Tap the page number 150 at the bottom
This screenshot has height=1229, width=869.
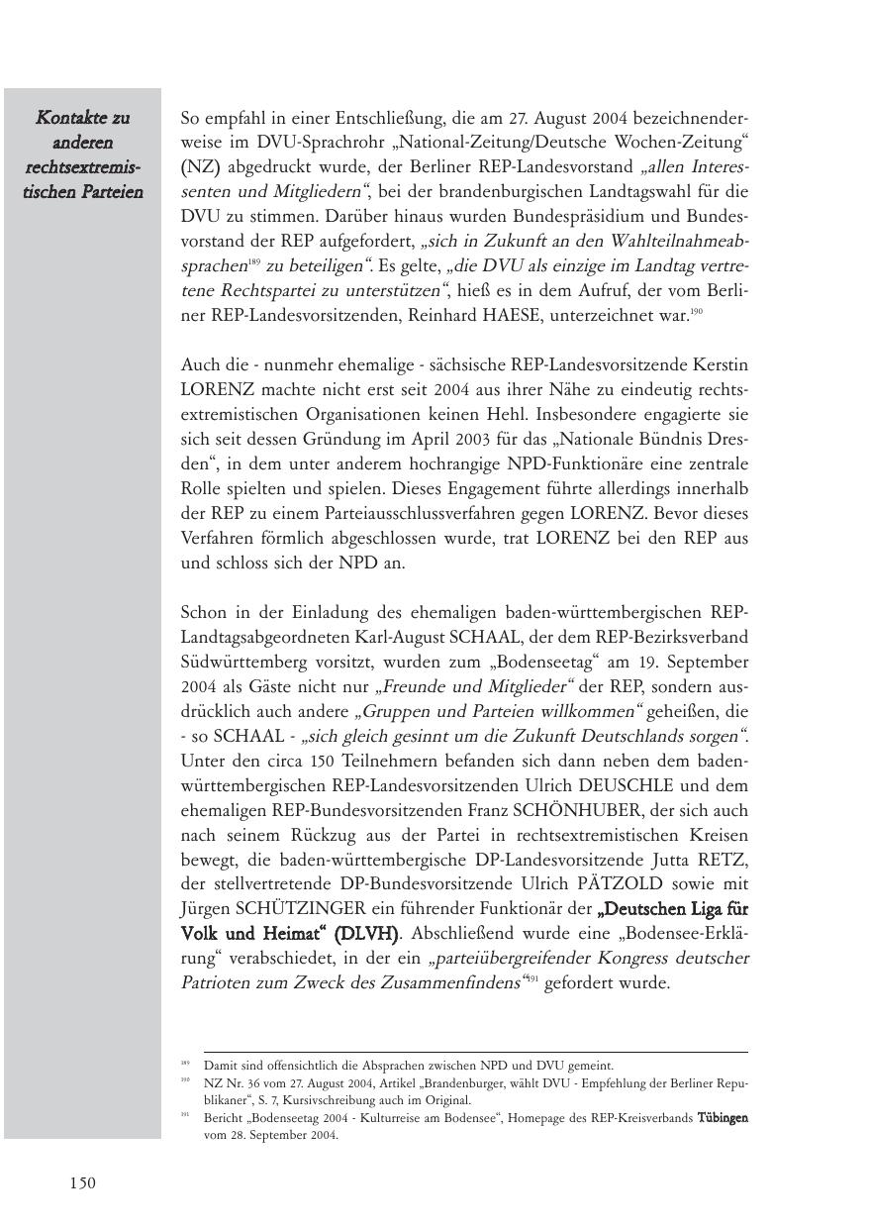[83, 1182]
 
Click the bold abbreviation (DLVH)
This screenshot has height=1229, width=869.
[365, 934]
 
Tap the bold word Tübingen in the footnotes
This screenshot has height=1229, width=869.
[723, 1118]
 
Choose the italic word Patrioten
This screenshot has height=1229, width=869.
[216, 983]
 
